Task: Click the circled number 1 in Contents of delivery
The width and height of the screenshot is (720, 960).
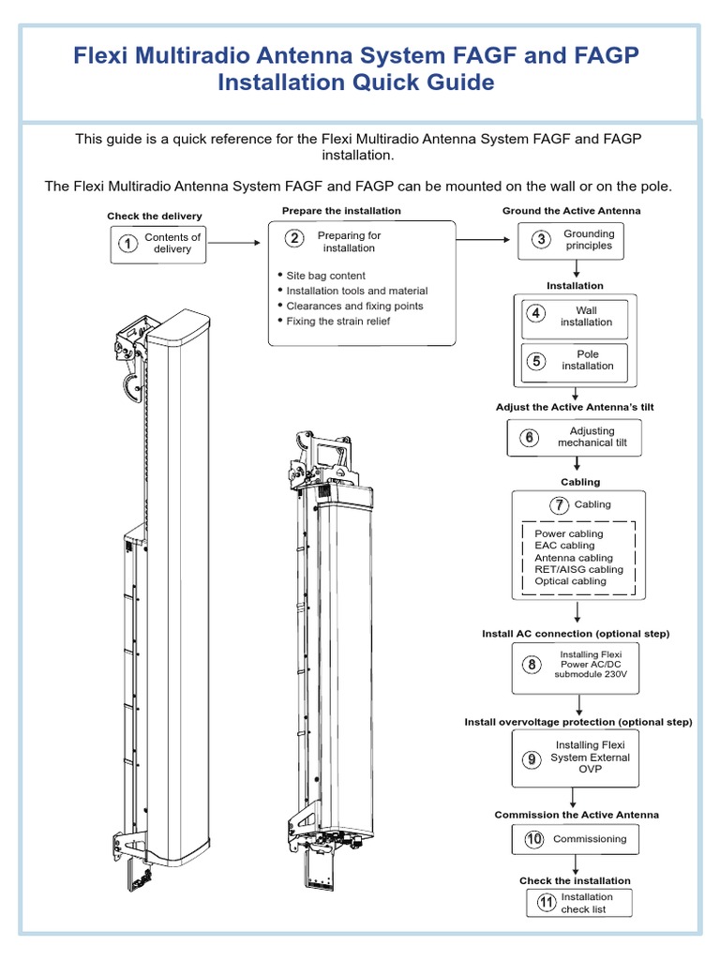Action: (x=126, y=244)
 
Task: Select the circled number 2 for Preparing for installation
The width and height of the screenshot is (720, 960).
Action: (x=294, y=238)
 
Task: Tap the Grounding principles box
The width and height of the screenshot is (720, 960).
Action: (x=570, y=240)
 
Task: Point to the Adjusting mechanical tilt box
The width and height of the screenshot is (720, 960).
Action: (x=575, y=438)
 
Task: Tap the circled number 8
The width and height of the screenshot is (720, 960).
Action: (x=532, y=665)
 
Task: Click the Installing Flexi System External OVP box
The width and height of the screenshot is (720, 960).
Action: (x=575, y=757)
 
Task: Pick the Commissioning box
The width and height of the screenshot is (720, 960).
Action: (x=575, y=839)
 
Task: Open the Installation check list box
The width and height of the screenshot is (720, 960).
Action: (x=579, y=903)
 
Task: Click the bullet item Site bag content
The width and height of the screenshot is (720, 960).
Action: (x=325, y=276)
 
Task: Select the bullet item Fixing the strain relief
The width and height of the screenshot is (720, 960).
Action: (x=338, y=322)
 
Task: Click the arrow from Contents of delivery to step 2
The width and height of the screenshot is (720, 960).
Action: (x=233, y=243)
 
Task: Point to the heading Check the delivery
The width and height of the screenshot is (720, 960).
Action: (x=154, y=217)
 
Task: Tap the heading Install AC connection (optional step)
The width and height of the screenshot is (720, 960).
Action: (x=576, y=634)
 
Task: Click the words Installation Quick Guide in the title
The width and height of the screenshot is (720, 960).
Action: (x=355, y=82)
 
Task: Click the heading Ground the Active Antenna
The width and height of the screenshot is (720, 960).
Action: (x=571, y=211)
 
